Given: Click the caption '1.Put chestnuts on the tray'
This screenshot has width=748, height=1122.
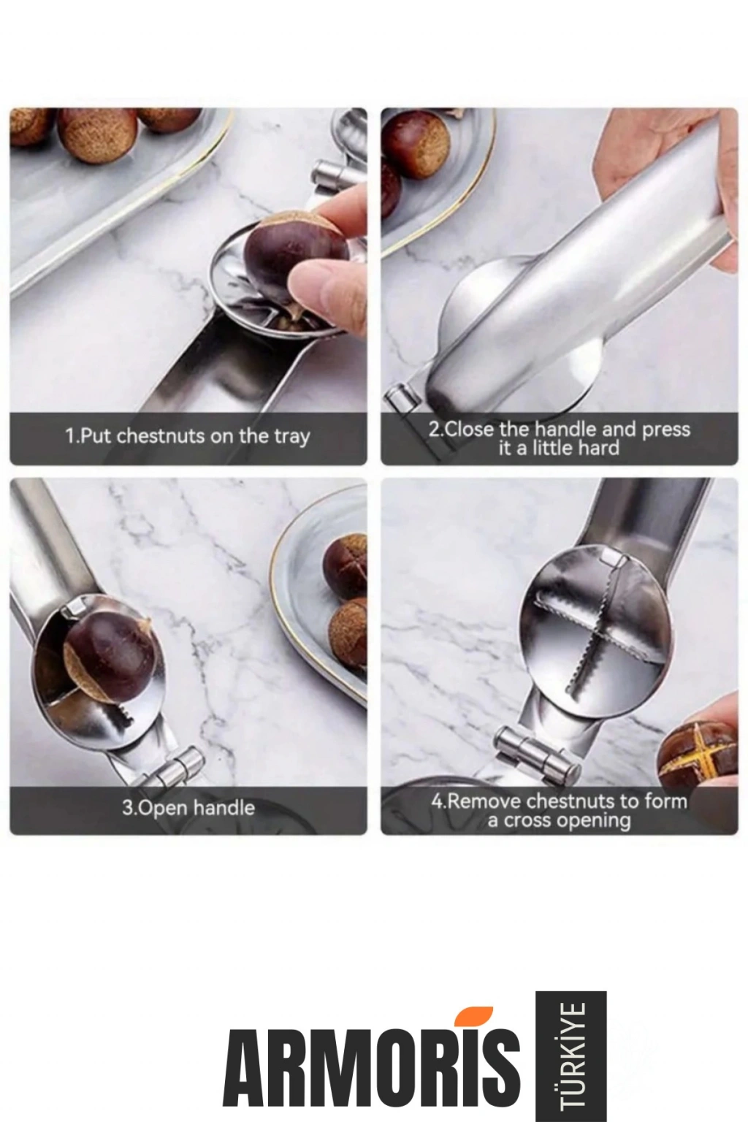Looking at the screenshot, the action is [188, 436].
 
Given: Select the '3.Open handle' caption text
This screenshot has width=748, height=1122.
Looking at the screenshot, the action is [188, 808].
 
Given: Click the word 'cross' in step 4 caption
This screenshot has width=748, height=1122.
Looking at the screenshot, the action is [533, 821].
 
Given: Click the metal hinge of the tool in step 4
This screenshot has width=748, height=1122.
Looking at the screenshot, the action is [536, 755].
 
